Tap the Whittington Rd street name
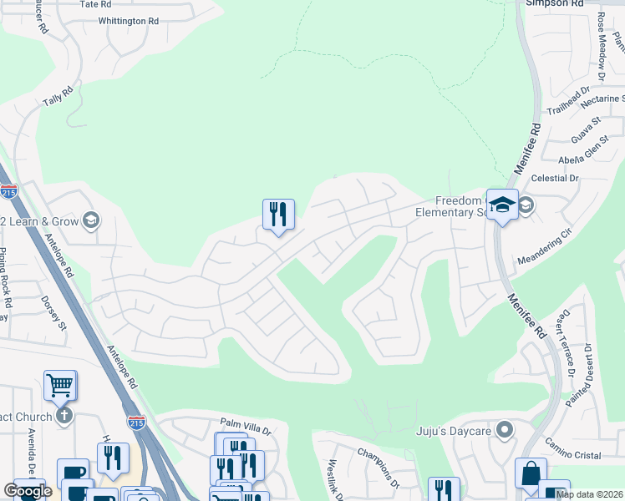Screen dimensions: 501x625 pos(128,21)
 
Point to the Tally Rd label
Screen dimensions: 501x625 pos(58,96)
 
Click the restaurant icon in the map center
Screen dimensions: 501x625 pos(278,214)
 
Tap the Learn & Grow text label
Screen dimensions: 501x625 pos(42,221)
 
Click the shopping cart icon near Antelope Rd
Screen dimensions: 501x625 pos(60,385)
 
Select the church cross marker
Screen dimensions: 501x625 pos(64,415)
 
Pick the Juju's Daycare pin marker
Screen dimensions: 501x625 pos(504,431)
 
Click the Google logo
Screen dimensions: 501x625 pos(28,491)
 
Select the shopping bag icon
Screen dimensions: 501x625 pos(530,473)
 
